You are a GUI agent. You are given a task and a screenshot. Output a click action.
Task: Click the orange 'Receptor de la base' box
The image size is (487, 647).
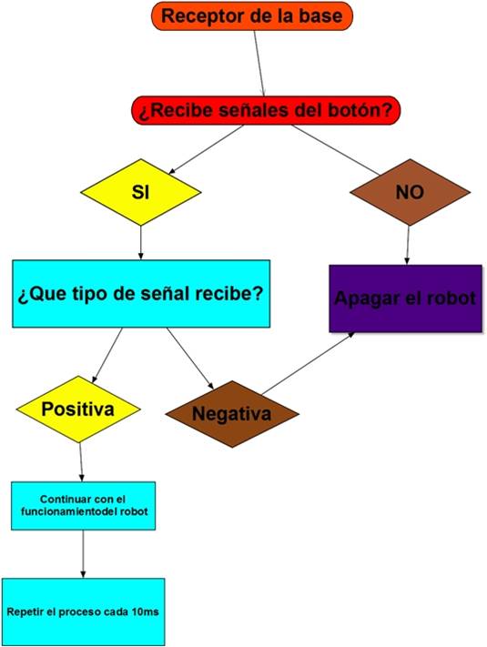(x=252, y=16)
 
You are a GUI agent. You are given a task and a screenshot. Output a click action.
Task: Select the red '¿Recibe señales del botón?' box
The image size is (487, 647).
(x=266, y=110)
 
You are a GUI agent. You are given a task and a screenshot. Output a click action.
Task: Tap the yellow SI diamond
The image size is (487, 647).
(x=141, y=192)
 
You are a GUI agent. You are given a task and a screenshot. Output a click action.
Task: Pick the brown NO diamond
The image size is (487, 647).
(x=410, y=192)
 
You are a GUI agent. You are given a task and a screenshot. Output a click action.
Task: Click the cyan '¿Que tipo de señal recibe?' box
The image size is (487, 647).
(x=141, y=294)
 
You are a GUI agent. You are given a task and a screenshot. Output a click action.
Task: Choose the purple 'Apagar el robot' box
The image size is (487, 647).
(x=405, y=298)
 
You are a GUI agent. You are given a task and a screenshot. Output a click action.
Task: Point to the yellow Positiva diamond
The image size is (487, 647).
(x=78, y=409)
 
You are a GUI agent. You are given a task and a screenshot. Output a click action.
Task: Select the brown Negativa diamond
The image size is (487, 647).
(x=232, y=414)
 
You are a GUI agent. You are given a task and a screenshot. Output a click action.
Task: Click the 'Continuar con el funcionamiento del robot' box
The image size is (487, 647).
(x=84, y=505)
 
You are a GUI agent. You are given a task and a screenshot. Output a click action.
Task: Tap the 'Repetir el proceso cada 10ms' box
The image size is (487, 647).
(x=83, y=612)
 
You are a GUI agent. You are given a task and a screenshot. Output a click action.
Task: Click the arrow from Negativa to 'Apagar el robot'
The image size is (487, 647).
(x=308, y=363)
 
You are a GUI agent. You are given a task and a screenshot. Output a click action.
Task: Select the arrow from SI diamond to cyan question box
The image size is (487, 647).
(x=141, y=243)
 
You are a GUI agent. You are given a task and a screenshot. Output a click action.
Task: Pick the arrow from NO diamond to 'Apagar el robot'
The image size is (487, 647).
(x=407, y=245)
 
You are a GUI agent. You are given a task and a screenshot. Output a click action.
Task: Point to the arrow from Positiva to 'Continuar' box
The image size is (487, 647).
(x=81, y=462)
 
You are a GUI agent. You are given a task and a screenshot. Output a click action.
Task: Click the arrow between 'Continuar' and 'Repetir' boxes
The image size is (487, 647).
(x=83, y=554)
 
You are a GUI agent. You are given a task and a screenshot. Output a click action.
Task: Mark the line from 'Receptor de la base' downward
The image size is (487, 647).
(x=259, y=64)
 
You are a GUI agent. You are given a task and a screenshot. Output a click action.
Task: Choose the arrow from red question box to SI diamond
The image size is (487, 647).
(x=206, y=149)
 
